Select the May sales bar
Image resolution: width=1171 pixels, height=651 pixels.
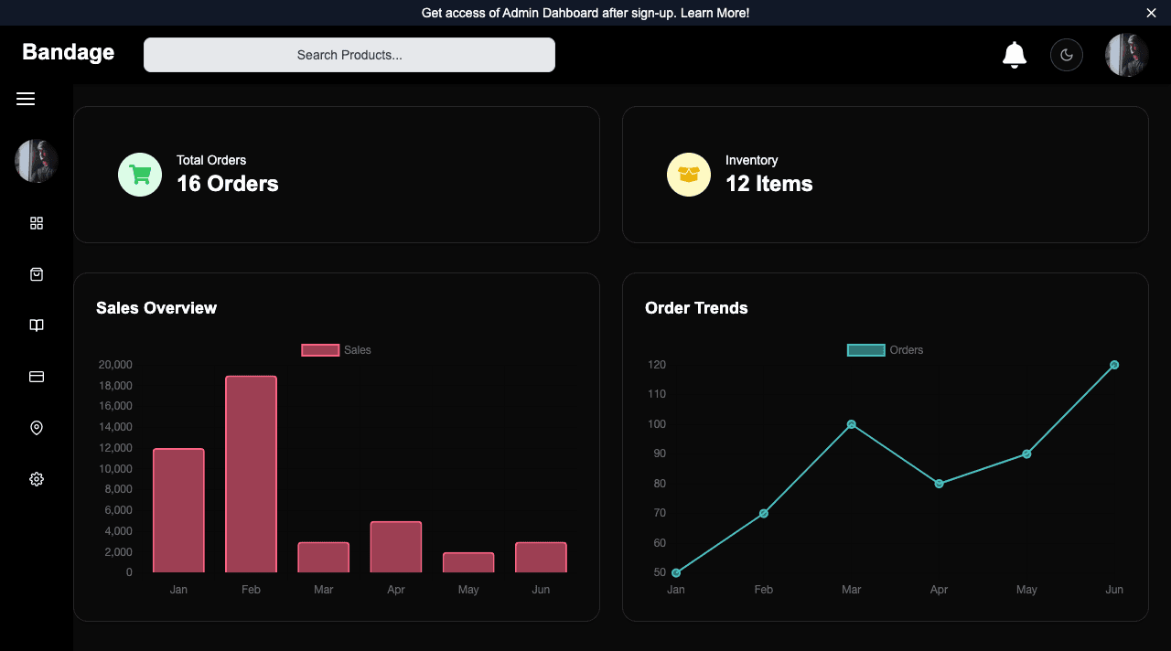(x=468, y=562)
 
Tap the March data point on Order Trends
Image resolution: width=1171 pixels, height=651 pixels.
(x=851, y=424)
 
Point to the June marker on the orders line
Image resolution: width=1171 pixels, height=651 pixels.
(x=1114, y=365)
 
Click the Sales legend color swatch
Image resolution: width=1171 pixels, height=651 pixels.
(x=320, y=350)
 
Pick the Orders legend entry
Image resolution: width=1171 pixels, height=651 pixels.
(x=885, y=350)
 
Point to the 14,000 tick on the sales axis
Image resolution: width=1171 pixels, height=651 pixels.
(x=115, y=427)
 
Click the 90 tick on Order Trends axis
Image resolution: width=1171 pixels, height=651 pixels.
(x=656, y=454)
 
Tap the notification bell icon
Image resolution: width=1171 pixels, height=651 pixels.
(x=1014, y=55)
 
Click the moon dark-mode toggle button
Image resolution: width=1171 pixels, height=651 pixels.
(x=1066, y=55)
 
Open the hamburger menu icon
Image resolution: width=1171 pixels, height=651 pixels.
(x=26, y=99)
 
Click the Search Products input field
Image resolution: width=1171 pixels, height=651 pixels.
(x=349, y=55)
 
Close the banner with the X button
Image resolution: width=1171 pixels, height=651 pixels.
(x=1151, y=13)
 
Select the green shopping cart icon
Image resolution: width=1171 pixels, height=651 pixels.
(x=140, y=175)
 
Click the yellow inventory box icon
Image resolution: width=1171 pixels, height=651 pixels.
(x=689, y=175)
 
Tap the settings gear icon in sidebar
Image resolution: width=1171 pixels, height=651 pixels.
(x=37, y=479)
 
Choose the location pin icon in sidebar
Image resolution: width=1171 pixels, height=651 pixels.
(x=37, y=428)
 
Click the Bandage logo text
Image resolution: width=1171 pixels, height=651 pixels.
(x=68, y=52)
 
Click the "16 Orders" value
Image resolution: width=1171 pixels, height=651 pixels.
(x=227, y=184)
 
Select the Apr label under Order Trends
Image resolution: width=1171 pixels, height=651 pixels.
(x=939, y=590)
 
